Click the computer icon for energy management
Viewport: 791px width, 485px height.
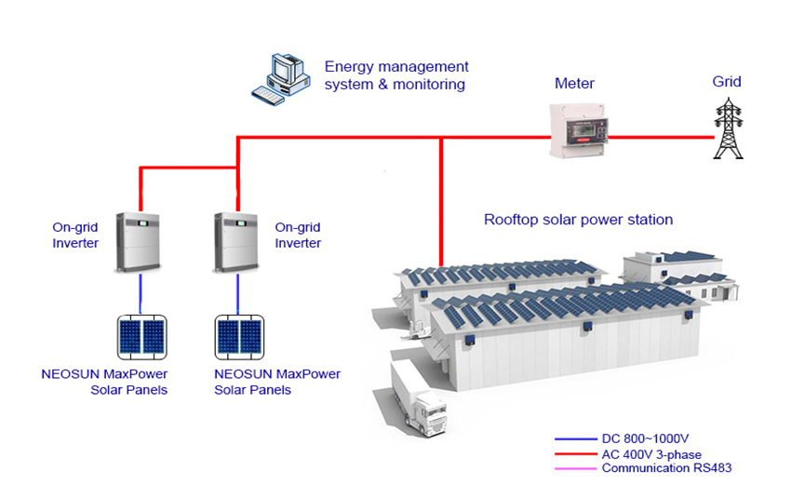pyautogui.click(x=280, y=76)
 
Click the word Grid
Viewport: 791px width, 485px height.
pyautogui.click(x=727, y=82)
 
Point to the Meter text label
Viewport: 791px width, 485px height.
pyautogui.click(x=574, y=84)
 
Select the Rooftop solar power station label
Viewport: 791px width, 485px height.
pyautogui.click(x=578, y=221)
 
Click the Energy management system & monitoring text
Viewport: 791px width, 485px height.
pyautogui.click(x=395, y=75)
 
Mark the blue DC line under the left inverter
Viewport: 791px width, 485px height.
pyautogui.click(x=140, y=294)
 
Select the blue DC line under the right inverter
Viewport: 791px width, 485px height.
pyautogui.click(x=238, y=294)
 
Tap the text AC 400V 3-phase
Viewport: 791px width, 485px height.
pyautogui.click(x=651, y=453)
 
